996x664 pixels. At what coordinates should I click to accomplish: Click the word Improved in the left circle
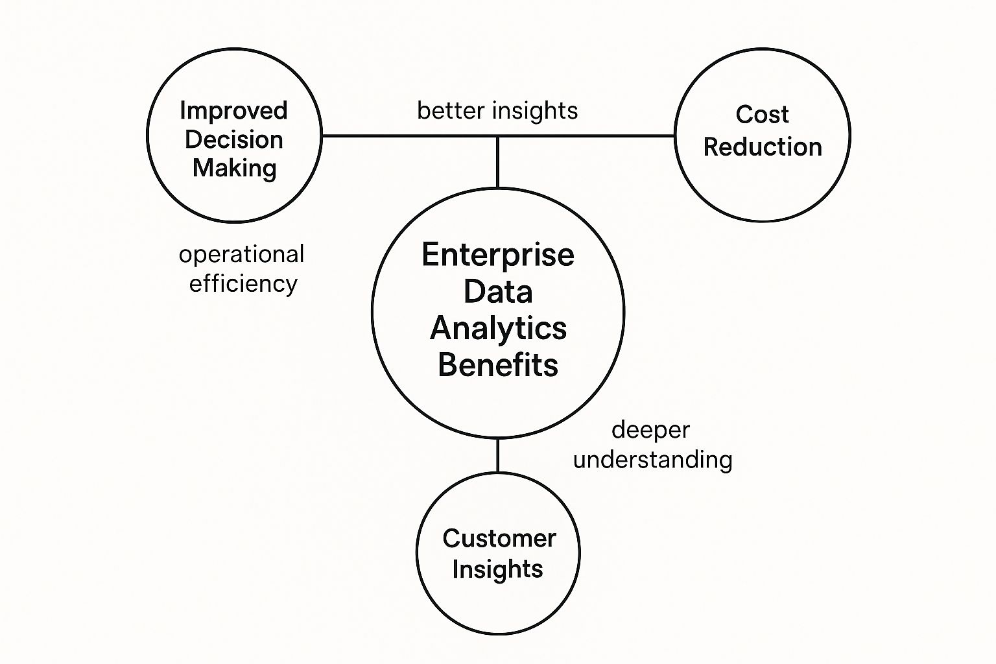pyautogui.click(x=233, y=111)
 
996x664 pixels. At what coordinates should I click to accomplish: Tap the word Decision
pyautogui.click(x=233, y=139)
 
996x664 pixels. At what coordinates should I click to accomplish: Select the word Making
pyautogui.click(x=234, y=168)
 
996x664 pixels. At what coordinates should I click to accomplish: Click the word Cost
pyautogui.click(x=762, y=115)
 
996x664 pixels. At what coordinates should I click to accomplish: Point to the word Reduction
pyautogui.click(x=763, y=147)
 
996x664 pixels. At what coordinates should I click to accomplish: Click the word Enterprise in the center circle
pyautogui.click(x=498, y=254)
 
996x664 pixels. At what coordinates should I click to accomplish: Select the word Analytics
pyautogui.click(x=498, y=328)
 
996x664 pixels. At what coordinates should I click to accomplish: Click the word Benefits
pyautogui.click(x=498, y=364)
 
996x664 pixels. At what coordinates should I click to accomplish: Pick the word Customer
pyautogui.click(x=499, y=538)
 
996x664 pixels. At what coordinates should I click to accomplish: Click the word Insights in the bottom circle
pyautogui.click(x=497, y=569)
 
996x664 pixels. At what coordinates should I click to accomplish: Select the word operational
pyautogui.click(x=241, y=254)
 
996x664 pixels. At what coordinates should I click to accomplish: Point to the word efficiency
pyautogui.click(x=243, y=283)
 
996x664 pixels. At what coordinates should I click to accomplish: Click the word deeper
pyautogui.click(x=650, y=430)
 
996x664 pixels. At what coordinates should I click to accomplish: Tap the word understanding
pyautogui.click(x=653, y=460)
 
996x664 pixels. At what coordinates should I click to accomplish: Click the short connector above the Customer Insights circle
pyautogui.click(x=498, y=456)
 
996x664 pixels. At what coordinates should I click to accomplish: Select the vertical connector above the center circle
pyautogui.click(x=498, y=162)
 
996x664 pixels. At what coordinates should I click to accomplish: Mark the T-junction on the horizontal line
pyautogui.click(x=498, y=136)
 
